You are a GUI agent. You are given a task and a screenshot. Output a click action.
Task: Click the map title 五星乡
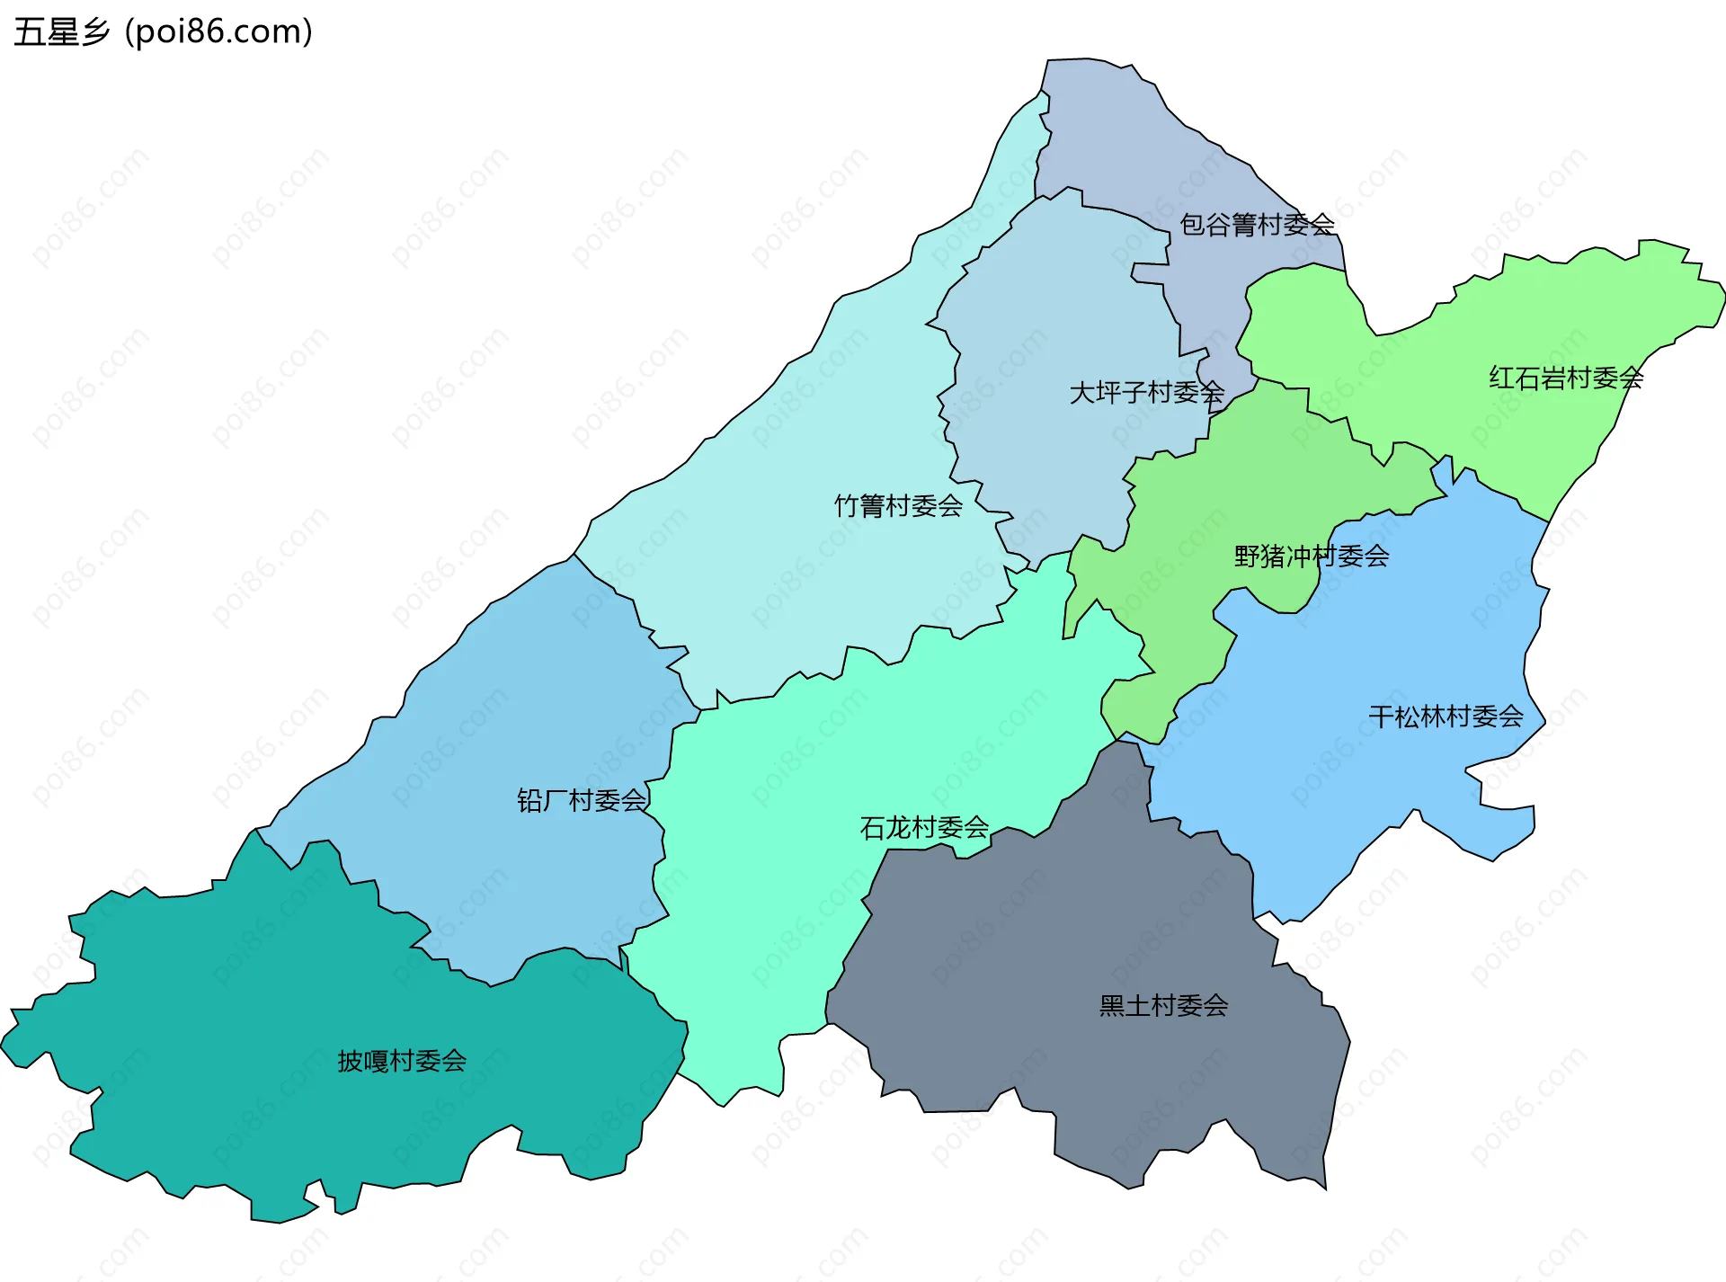61,32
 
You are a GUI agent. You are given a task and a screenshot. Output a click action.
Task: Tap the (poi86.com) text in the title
218,32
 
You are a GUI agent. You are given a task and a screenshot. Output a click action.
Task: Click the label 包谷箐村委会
1256,225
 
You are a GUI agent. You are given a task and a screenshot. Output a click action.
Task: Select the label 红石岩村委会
1565,378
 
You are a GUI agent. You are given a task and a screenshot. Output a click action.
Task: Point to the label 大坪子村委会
1146,393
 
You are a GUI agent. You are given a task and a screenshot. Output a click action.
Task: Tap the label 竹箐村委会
898,506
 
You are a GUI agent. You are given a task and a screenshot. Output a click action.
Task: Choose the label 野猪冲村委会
1311,556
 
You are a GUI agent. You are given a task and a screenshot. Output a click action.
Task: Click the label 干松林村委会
1445,717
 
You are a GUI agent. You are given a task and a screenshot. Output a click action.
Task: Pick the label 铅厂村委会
582,800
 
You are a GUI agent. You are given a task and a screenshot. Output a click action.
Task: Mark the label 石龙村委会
924,827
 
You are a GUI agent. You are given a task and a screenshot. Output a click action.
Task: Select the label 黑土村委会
1163,1005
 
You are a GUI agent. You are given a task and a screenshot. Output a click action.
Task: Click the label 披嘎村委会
402,1061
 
